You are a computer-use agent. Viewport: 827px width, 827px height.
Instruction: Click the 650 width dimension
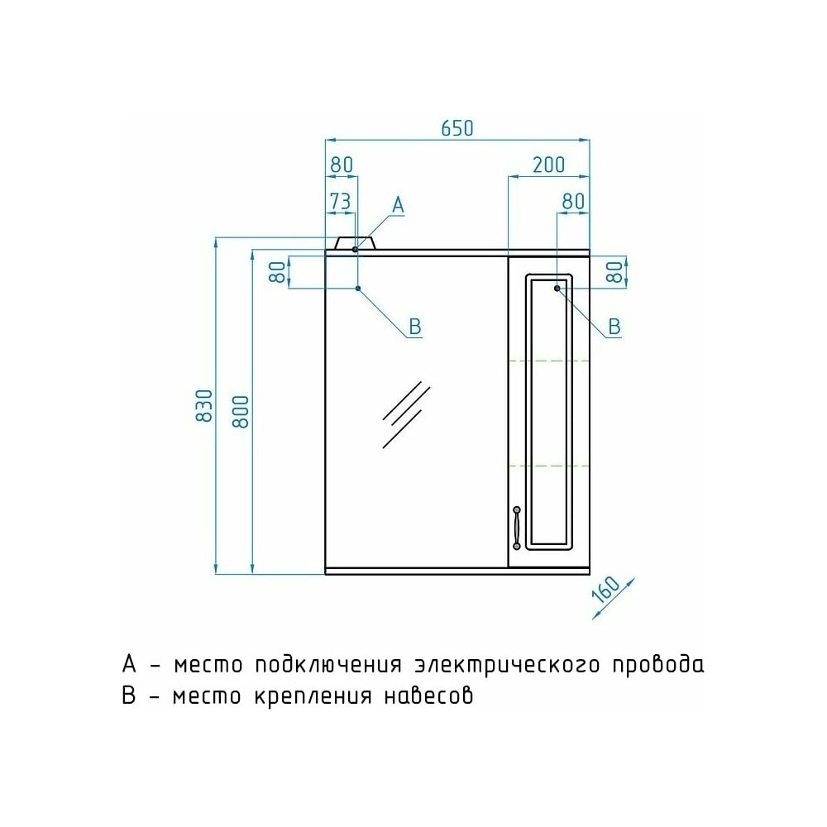[x=457, y=128]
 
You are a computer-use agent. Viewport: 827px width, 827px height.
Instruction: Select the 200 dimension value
[x=548, y=165]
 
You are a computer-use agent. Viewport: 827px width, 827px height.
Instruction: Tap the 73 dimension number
[x=340, y=201]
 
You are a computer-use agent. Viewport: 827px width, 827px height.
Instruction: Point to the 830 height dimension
[x=204, y=405]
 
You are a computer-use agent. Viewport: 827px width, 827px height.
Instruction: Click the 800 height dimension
[x=241, y=412]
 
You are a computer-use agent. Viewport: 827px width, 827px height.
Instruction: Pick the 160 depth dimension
[x=606, y=590]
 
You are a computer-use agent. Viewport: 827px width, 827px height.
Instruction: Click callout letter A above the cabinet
[x=399, y=204]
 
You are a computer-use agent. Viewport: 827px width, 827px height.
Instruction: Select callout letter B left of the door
[x=415, y=327]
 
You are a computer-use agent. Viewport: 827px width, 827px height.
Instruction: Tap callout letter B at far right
[x=614, y=327]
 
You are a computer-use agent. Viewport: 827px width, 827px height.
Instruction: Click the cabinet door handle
[x=517, y=528]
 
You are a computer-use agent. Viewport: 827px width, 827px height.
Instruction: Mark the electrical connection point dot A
[x=355, y=249]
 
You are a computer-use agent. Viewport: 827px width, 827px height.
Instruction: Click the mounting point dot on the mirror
[x=358, y=289]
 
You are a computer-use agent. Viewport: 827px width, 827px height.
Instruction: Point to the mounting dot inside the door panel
[x=557, y=289]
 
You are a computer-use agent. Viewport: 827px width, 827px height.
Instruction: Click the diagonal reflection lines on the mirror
[x=405, y=414]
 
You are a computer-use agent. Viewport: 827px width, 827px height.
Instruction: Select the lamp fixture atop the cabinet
[x=355, y=243]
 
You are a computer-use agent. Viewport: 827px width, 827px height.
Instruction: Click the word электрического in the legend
[x=507, y=665]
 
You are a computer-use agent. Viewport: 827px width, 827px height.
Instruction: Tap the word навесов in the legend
[x=428, y=696]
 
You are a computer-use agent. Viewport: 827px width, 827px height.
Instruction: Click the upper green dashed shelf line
[x=548, y=361]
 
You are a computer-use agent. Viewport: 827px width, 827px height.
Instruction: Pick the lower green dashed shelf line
[x=548, y=466]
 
